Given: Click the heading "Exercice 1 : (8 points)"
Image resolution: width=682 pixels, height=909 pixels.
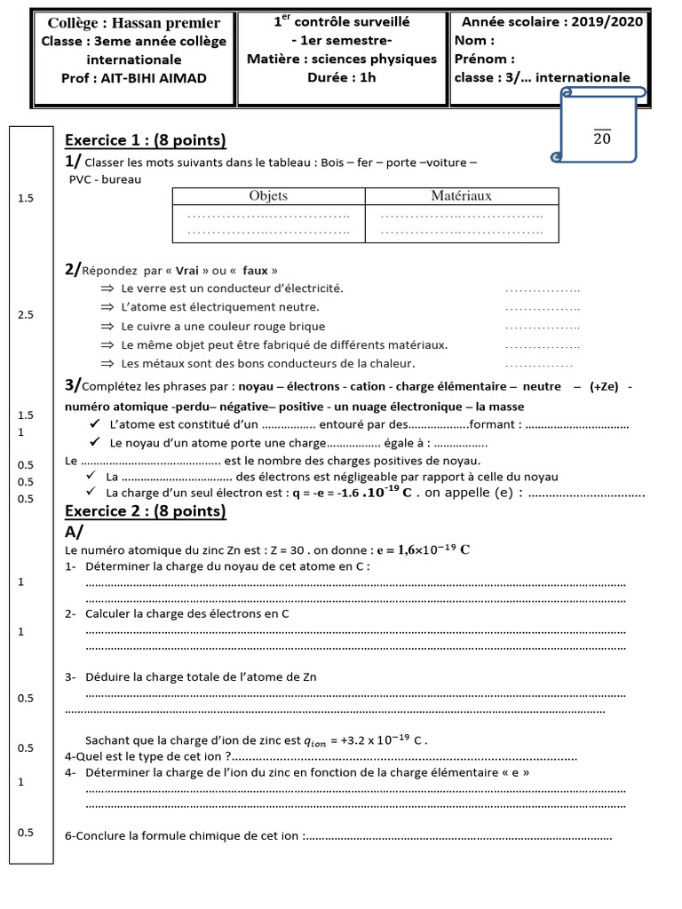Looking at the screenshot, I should (146, 140).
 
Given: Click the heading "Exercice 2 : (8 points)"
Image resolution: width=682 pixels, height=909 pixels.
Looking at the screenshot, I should (146, 511).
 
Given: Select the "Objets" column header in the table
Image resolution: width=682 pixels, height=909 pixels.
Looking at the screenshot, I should (267, 196).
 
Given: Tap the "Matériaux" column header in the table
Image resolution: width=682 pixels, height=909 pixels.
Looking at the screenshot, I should (461, 196).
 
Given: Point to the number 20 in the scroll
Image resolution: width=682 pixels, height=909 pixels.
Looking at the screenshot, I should (601, 138).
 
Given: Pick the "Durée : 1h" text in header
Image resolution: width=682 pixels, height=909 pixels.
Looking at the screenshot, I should (342, 77).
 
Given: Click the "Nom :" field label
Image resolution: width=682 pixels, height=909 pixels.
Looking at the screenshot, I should (474, 41).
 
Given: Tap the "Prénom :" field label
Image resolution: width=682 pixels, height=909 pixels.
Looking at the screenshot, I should (484, 59).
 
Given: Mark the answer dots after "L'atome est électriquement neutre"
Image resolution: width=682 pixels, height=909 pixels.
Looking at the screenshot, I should (542, 308).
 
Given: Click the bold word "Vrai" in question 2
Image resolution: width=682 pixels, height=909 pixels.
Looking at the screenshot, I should (187, 270).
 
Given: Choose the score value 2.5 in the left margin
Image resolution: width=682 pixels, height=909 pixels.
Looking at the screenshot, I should (25, 315).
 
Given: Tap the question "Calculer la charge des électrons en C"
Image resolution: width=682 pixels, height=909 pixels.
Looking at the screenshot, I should (187, 613).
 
